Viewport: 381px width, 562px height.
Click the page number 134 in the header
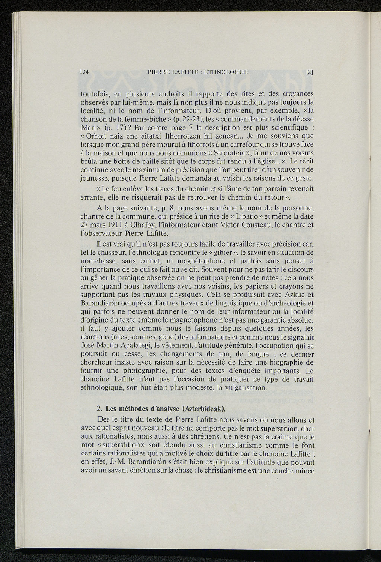pos(84,72)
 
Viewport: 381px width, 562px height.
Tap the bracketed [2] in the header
pos(309,73)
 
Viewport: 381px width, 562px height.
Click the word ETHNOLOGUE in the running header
pos(225,72)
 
